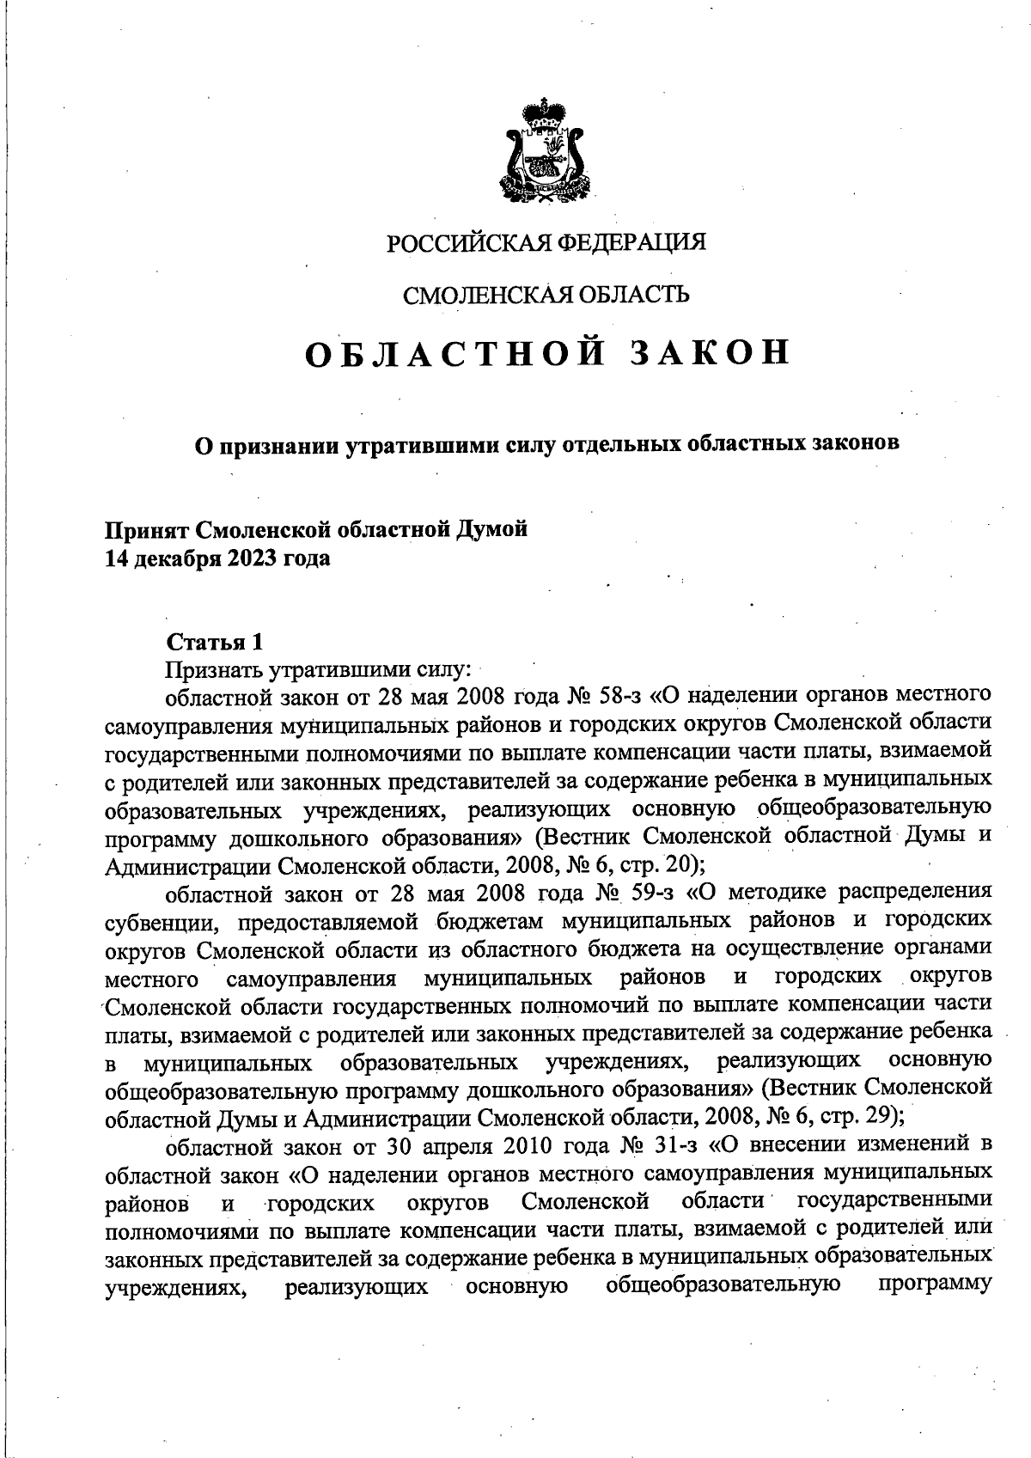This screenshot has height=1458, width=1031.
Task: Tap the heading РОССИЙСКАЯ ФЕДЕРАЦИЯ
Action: tap(546, 243)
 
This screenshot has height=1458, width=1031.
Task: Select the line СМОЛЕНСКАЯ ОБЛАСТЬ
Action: tap(546, 296)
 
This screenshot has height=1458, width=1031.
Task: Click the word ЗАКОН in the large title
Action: tap(710, 353)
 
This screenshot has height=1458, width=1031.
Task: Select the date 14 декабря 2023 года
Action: tap(217, 558)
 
